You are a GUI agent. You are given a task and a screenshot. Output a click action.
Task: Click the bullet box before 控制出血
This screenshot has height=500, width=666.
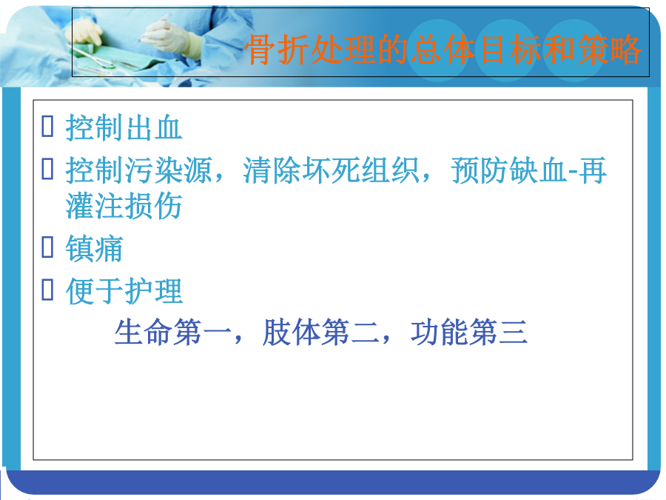coord(47,126)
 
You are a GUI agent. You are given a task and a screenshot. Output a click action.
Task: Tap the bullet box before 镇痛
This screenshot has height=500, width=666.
coord(47,247)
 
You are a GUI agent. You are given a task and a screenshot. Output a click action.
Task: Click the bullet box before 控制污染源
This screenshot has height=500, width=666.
coord(47,168)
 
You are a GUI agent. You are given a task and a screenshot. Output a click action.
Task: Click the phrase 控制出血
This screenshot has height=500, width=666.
coord(124,127)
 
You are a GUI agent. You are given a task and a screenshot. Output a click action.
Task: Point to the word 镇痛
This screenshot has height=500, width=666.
coord(94,248)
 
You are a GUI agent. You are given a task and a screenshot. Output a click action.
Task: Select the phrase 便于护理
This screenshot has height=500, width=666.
coord(124,291)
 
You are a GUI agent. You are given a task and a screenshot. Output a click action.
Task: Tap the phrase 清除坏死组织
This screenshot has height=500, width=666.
coord(331,170)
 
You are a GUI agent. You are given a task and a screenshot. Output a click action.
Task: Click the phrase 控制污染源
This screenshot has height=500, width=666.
coord(138,170)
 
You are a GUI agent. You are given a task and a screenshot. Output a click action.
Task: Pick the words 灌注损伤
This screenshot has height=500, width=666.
coord(124,206)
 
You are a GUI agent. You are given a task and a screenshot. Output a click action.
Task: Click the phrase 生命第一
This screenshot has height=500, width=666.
coord(172,332)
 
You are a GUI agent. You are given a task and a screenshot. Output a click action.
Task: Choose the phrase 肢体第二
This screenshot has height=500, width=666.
coord(320,332)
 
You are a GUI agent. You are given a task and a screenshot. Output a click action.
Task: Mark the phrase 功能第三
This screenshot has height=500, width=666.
coord(469,332)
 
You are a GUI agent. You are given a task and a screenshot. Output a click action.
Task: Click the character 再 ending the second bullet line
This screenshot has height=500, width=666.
coord(592,170)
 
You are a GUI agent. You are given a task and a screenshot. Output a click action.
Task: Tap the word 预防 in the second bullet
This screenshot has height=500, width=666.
coord(480,170)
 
